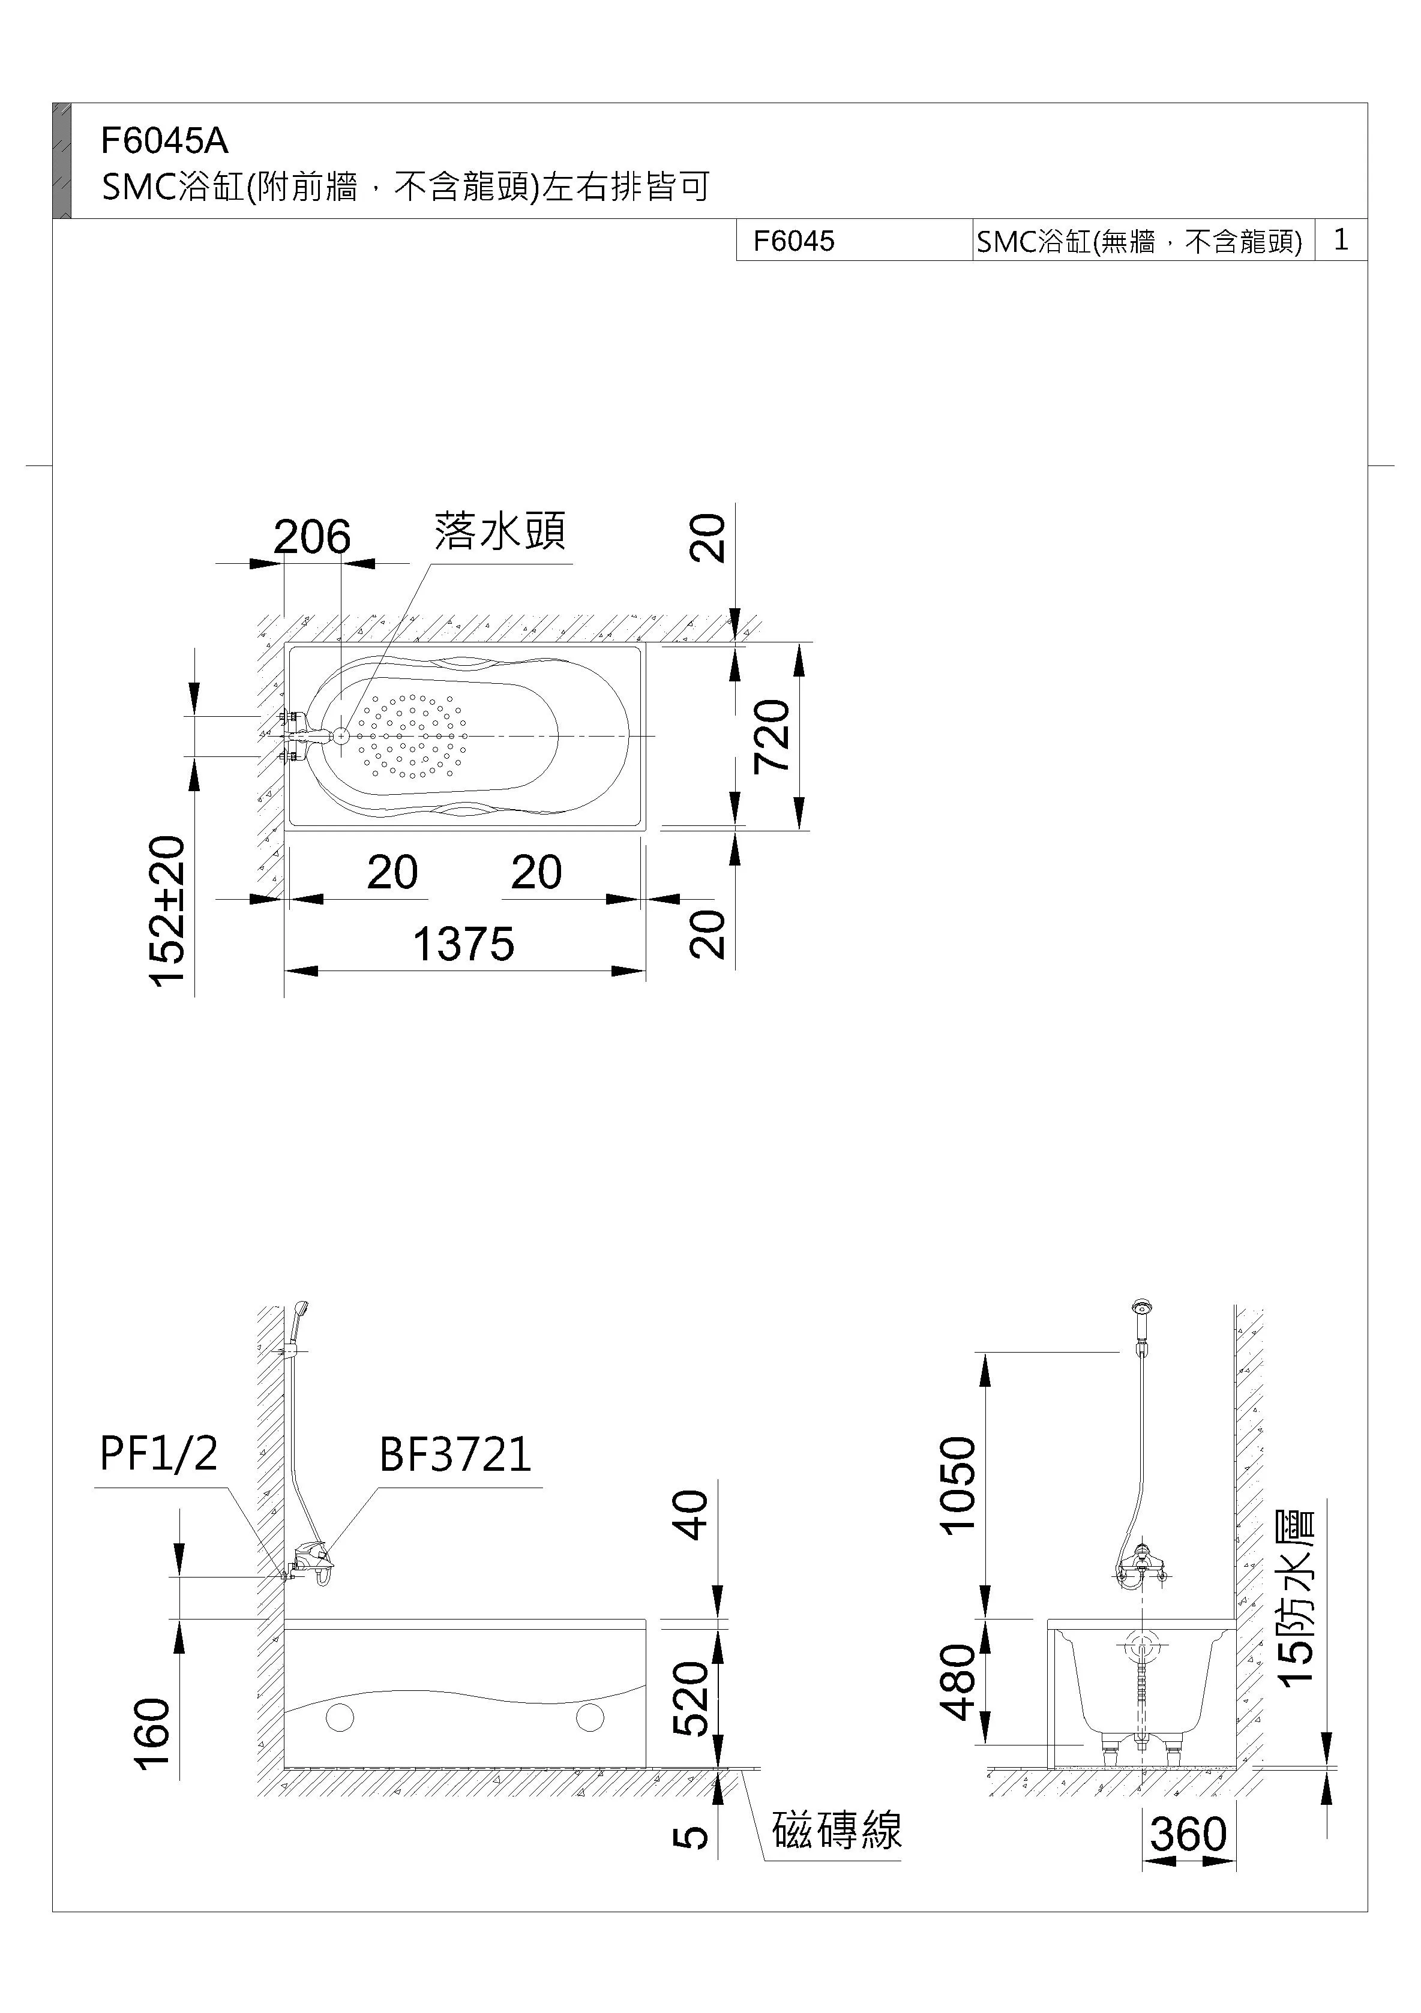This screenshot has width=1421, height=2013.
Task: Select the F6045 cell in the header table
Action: (x=794, y=241)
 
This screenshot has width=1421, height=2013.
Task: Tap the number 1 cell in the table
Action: (x=1341, y=239)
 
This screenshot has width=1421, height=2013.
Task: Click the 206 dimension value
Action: (x=311, y=537)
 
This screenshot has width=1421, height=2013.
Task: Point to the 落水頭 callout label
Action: (x=500, y=531)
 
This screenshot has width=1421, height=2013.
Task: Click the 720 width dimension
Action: (x=773, y=735)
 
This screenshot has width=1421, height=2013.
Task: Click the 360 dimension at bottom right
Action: (x=1189, y=1834)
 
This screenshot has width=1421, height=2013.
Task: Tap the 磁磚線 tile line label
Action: (x=836, y=1831)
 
